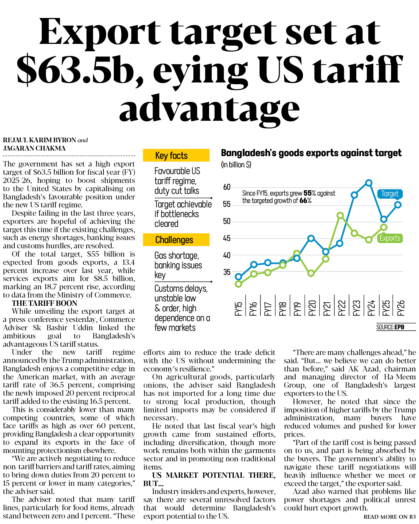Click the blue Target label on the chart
tap(390, 194)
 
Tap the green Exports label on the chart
tap(390, 238)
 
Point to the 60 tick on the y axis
tap(227, 187)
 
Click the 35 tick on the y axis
tap(227, 272)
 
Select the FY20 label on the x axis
tap(312, 308)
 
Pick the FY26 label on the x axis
tap(401, 308)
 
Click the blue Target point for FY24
tap(369, 183)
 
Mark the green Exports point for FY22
tap(340, 215)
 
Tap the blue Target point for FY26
tap(398, 205)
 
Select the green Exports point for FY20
tap(311, 273)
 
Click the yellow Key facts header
tap(176, 155)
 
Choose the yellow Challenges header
tap(176, 240)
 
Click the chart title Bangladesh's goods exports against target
tap(311, 153)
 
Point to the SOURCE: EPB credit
tap(390, 327)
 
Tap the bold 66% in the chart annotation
tap(305, 201)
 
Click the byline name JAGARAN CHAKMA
tap(34, 148)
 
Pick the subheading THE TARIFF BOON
tap(44, 303)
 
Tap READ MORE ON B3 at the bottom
tap(390, 517)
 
